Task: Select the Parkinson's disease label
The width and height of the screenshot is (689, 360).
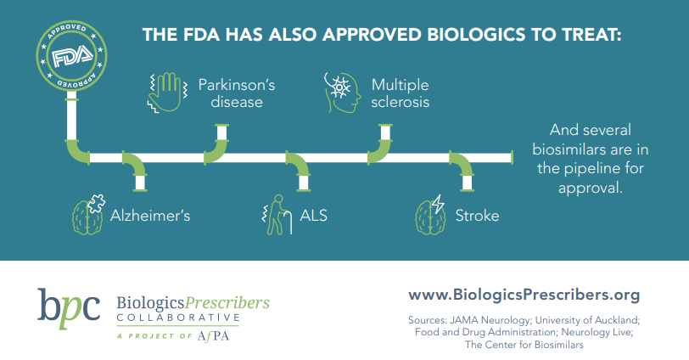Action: [x=230, y=93]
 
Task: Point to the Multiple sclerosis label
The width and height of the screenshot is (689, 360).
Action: [x=400, y=93]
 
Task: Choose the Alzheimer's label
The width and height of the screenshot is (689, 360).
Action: [x=149, y=215]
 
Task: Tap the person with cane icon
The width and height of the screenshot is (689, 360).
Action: [x=275, y=215]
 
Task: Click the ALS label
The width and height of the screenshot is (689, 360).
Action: [x=314, y=215]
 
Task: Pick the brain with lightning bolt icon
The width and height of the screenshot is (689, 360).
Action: [x=430, y=214]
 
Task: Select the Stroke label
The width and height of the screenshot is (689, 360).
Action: [x=478, y=215]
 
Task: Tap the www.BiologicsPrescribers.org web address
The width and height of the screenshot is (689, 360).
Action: [x=524, y=295]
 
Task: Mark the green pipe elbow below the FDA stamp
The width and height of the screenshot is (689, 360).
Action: [x=77, y=149]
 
